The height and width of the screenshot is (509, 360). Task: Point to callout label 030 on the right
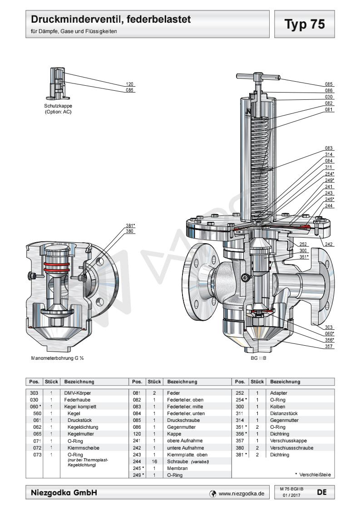(x=329, y=97)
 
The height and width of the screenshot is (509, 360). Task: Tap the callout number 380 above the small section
(x=130, y=231)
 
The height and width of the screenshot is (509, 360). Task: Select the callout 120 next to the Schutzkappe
(x=130, y=84)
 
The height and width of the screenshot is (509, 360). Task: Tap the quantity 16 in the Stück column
(x=151, y=461)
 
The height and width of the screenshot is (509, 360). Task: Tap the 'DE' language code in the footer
(x=321, y=491)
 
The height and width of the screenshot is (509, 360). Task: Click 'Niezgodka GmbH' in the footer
(x=64, y=492)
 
